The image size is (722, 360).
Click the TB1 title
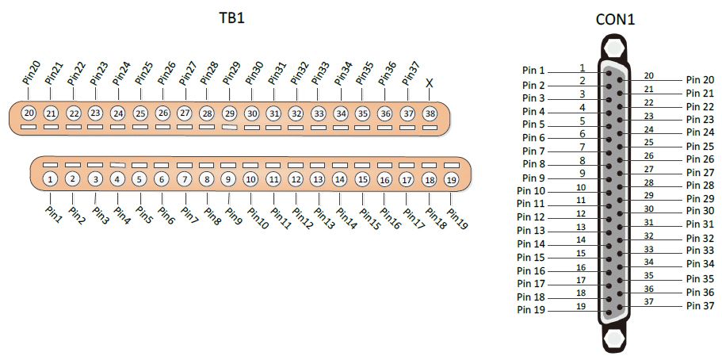click(x=231, y=18)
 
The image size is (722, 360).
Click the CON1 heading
click(x=615, y=19)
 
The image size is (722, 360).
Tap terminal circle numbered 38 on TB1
click(x=430, y=113)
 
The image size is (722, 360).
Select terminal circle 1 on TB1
click(x=50, y=179)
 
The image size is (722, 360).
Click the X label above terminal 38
click(x=430, y=83)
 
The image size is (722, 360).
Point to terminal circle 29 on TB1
click(x=229, y=113)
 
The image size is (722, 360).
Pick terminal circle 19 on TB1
click(x=451, y=180)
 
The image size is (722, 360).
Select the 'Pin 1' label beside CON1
click(x=533, y=71)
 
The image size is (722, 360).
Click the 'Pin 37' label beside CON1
click(x=701, y=305)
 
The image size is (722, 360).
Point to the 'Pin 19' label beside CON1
click(x=531, y=310)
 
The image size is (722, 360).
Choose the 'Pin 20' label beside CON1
click(x=701, y=80)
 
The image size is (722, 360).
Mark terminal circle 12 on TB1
click(x=296, y=179)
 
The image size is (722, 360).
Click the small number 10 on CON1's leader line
click(x=581, y=188)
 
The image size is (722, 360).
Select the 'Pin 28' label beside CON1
click(x=701, y=186)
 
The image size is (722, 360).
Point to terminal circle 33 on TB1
click(x=318, y=113)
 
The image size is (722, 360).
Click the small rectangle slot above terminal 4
click(x=118, y=165)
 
